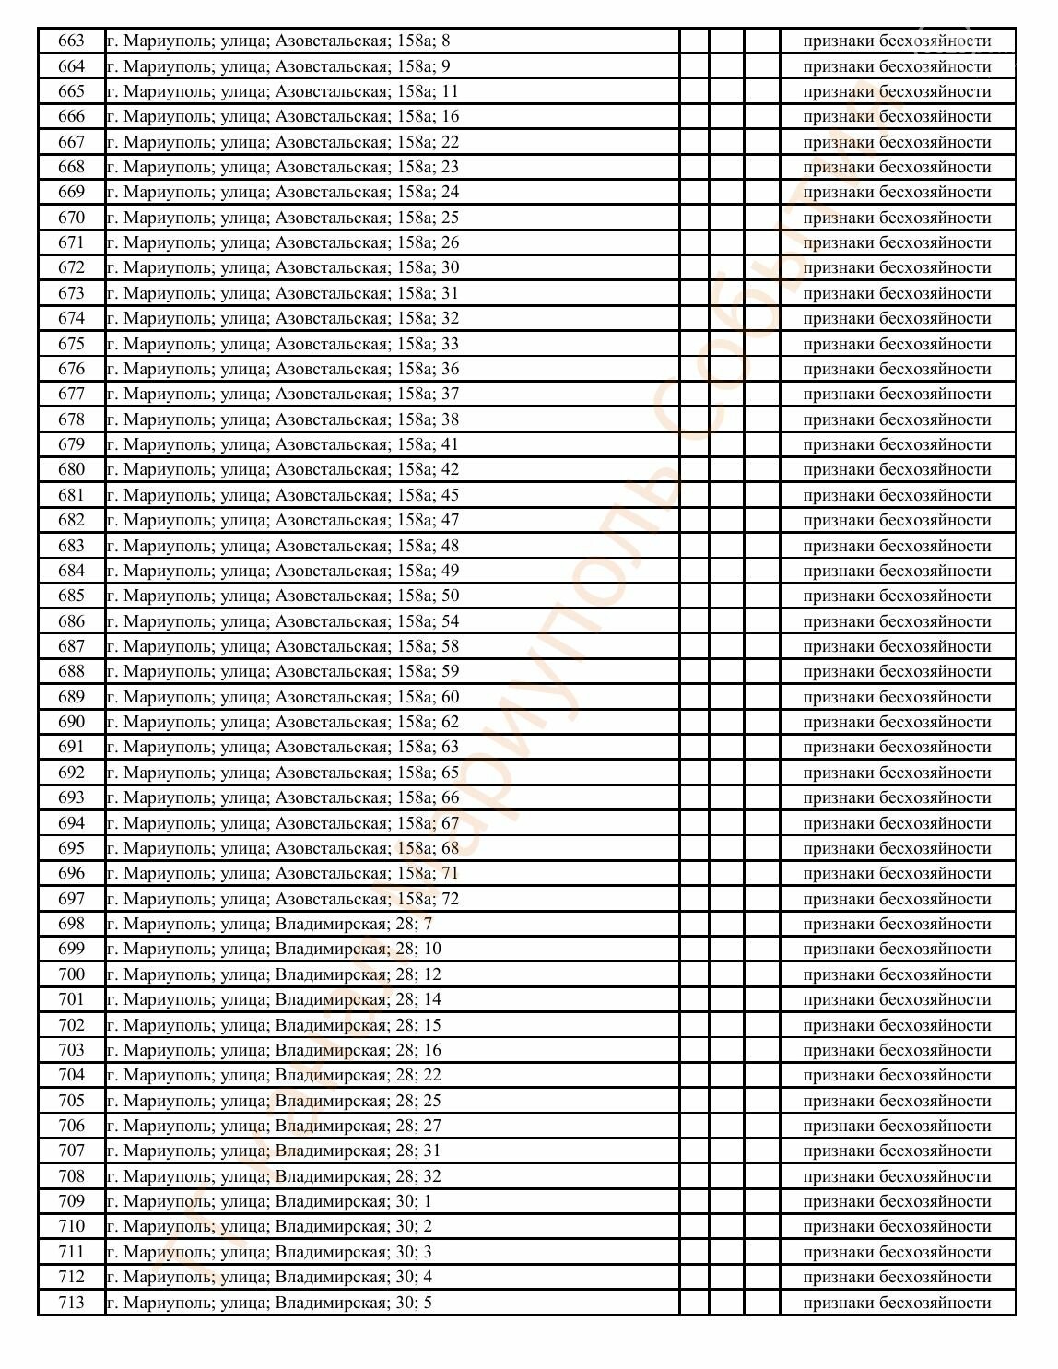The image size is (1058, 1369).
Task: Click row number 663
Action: click(71, 41)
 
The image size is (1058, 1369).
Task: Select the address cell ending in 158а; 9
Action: click(278, 66)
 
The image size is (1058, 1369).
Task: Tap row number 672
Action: click(71, 267)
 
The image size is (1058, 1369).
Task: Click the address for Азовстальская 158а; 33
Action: click(282, 344)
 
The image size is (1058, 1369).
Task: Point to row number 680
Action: click(71, 469)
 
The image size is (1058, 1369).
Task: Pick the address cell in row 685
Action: click(282, 596)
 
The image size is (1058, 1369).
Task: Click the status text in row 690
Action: click(897, 722)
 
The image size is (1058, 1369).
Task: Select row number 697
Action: click(71, 899)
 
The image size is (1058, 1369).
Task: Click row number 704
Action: click(71, 1075)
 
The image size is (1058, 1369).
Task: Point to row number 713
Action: click(71, 1303)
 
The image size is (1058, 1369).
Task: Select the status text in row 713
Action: click(897, 1303)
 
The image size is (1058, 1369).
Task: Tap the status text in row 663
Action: click(897, 41)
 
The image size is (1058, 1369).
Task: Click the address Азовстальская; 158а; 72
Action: click(282, 899)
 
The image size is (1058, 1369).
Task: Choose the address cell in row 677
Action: click(282, 394)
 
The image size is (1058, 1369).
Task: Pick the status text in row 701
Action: click(897, 999)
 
